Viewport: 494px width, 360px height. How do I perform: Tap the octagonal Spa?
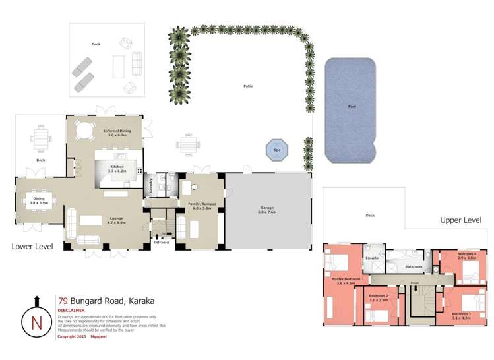tap(277, 150)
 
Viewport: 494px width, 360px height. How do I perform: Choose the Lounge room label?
tap(116, 220)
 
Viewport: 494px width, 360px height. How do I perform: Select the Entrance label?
tap(161, 243)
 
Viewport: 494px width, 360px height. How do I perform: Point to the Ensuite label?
tap(373, 258)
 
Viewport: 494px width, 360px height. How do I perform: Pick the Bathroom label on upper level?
tap(414, 267)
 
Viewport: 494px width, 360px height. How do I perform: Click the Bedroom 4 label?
tap(467, 255)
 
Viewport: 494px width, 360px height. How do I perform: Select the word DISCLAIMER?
tap(71, 310)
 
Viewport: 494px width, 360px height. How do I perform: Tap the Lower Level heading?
tap(32, 246)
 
